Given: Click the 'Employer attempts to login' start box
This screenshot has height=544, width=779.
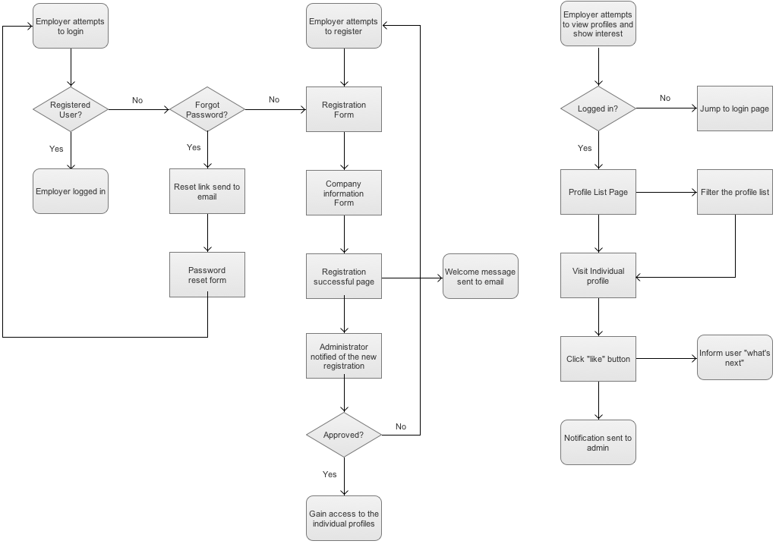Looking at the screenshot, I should pyautogui.click(x=71, y=27).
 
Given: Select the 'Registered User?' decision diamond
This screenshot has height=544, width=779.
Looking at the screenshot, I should pyautogui.click(x=71, y=110).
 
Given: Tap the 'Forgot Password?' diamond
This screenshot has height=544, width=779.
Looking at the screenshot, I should pyautogui.click(x=207, y=110).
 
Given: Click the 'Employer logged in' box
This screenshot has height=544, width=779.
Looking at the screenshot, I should pyautogui.click(x=71, y=191).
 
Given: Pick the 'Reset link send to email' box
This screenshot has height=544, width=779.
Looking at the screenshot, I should pyautogui.click(x=207, y=191).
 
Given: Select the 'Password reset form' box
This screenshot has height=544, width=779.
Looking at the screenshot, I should pyautogui.click(x=207, y=275).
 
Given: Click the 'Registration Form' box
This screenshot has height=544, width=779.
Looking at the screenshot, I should pyautogui.click(x=344, y=110).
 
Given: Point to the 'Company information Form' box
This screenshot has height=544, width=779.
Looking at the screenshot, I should pyautogui.click(x=344, y=193).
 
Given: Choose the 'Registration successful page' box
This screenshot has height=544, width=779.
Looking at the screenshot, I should pyautogui.click(x=344, y=276).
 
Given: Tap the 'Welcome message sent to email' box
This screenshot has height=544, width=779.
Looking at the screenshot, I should pyautogui.click(x=480, y=276).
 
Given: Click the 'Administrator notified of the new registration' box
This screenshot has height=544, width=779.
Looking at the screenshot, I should pyautogui.click(x=344, y=356).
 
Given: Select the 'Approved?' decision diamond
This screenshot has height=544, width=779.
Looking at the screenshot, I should pyautogui.click(x=344, y=436).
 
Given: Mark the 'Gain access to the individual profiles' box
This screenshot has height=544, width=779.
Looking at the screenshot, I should pyautogui.click(x=344, y=518).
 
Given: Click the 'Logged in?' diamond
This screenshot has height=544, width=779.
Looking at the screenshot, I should pyautogui.click(x=598, y=108).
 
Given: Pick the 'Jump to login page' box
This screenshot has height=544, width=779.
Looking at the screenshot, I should pyautogui.click(x=734, y=108).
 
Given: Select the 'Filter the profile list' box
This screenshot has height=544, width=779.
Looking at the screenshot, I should pyautogui.click(x=734, y=192).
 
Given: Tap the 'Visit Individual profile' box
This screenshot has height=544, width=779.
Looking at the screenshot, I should pyautogui.click(x=598, y=275).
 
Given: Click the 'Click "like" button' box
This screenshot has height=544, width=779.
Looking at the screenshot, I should pyautogui.click(x=598, y=359).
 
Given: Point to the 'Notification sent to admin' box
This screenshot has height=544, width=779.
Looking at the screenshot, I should pyautogui.click(x=598, y=442).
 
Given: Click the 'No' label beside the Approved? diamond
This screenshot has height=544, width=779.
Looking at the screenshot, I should pyautogui.click(x=401, y=426).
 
